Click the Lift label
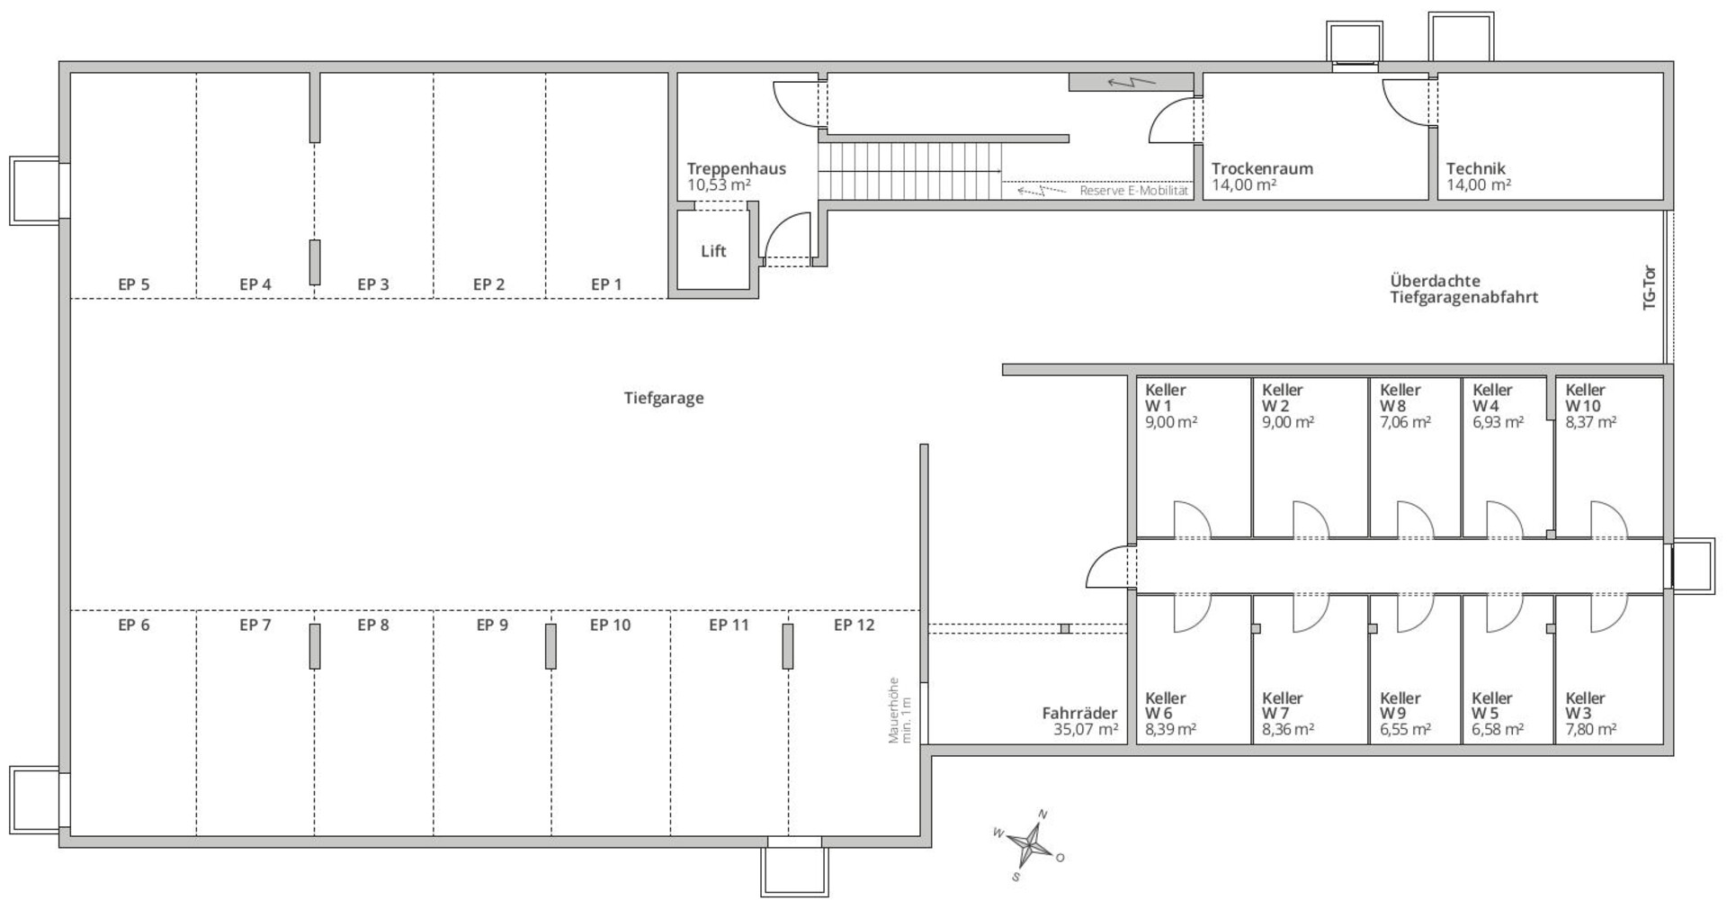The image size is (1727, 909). [x=713, y=251]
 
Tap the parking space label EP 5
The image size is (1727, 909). [x=134, y=284]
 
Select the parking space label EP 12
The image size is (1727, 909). [x=854, y=625]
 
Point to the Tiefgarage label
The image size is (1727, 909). [x=664, y=398]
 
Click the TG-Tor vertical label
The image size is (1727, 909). [x=1650, y=288]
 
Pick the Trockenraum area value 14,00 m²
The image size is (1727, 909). [x=1244, y=184]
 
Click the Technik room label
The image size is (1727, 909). [x=1475, y=168]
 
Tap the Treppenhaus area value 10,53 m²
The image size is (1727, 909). [x=719, y=184]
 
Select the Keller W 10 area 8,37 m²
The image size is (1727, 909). [x=1590, y=421]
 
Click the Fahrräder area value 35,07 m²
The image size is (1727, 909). [x=1086, y=729]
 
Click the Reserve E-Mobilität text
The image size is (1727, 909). [x=1133, y=191]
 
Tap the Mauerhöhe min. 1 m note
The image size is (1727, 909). [x=899, y=710]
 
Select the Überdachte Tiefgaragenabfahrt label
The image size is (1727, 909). [x=1463, y=289]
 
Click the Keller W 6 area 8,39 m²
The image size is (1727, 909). [x=1170, y=729]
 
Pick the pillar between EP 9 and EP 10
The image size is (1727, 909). [x=550, y=646]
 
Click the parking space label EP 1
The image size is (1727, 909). [x=606, y=284]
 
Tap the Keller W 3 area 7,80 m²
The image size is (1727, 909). [x=1590, y=729]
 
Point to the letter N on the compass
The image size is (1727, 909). [x=1042, y=814]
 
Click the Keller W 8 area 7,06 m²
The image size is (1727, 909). [x=1405, y=421]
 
